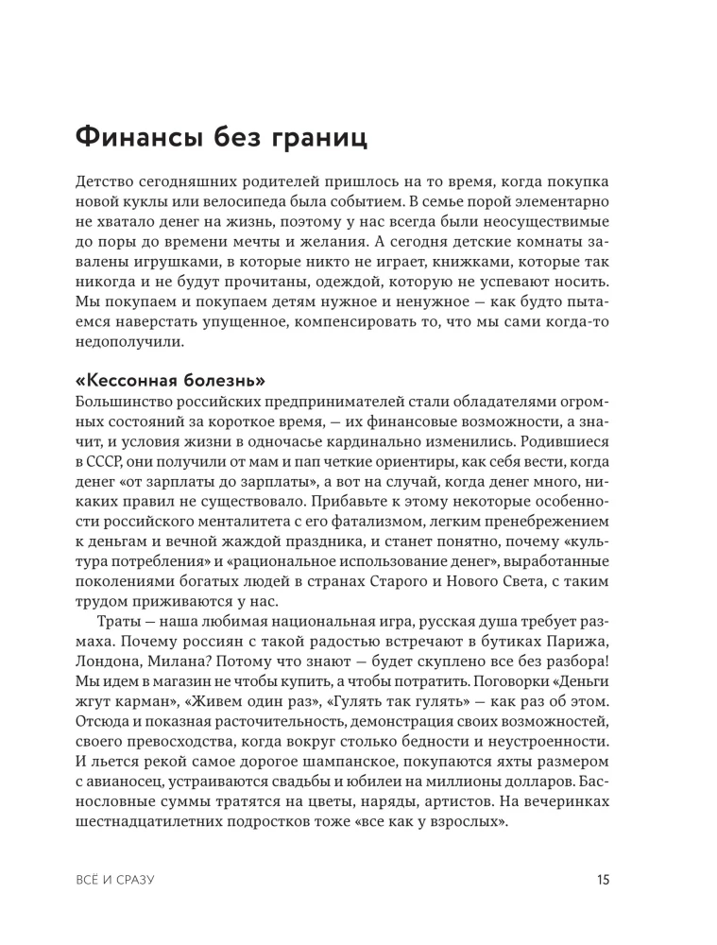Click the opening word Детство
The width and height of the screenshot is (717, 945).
pos(106,180)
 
